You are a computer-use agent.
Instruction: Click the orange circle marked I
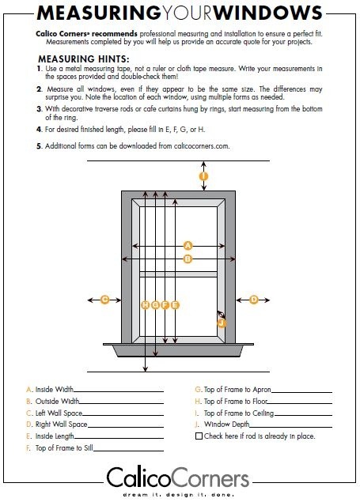point(203,176)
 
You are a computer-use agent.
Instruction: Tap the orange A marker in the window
point(188,246)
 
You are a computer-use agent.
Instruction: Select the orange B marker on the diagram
point(188,259)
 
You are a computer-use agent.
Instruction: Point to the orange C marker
point(104,300)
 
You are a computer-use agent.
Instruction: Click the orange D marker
point(254,300)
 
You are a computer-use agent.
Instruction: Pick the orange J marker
point(222,323)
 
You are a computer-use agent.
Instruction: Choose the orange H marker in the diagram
point(146,305)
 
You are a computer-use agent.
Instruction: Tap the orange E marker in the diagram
point(175,305)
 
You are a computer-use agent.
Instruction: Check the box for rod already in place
point(199,436)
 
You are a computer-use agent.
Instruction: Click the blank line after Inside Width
point(119,391)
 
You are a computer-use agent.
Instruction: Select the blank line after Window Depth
point(290,427)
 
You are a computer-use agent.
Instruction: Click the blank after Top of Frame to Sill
point(128,451)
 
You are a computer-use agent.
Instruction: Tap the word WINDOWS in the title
point(267,13)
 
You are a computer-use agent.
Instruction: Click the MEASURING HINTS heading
point(84,59)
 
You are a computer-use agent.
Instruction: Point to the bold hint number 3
point(39,109)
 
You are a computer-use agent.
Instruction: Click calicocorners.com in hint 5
point(202,146)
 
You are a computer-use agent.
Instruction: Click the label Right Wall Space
point(61,425)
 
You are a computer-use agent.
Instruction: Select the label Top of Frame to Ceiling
point(239,413)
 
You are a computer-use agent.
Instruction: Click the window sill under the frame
point(178,349)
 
